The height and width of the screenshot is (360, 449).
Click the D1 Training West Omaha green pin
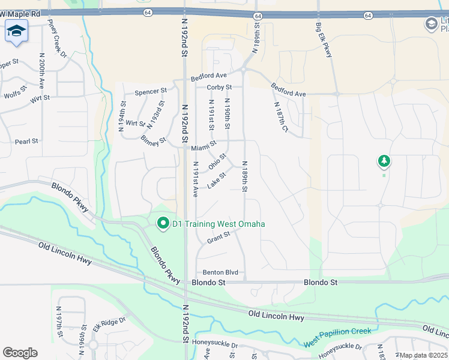pyautogui.click(x=163, y=224)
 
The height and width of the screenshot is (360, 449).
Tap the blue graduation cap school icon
pyautogui.click(x=16, y=31)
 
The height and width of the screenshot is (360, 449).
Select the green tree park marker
pyautogui.click(x=384, y=161)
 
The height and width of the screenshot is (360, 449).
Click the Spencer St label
pyautogui.click(x=150, y=92)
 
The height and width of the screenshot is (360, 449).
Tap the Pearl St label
pyautogui.click(x=26, y=141)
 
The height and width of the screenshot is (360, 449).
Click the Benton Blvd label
pyautogui.click(x=220, y=272)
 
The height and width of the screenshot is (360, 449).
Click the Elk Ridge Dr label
pyautogui.click(x=109, y=325)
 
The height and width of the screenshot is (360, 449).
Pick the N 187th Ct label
pyautogui.click(x=281, y=117)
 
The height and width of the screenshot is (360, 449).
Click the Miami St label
pyautogui.click(x=203, y=147)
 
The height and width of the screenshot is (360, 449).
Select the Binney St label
pyautogui.click(x=154, y=141)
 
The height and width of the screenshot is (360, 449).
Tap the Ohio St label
pyautogui.click(x=217, y=161)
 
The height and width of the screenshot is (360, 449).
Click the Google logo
pyautogui.click(x=20, y=353)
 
